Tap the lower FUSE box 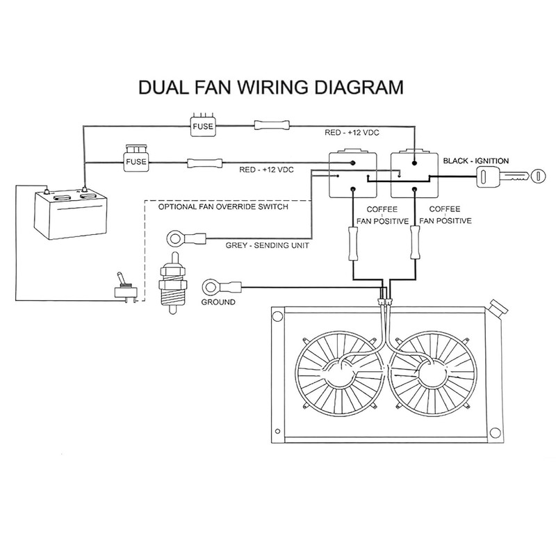[x=135, y=162]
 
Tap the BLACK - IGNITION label [x=476, y=161]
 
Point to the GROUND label [x=218, y=302]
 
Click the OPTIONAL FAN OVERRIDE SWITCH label [x=223, y=206]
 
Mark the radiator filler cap [x=499, y=307]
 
